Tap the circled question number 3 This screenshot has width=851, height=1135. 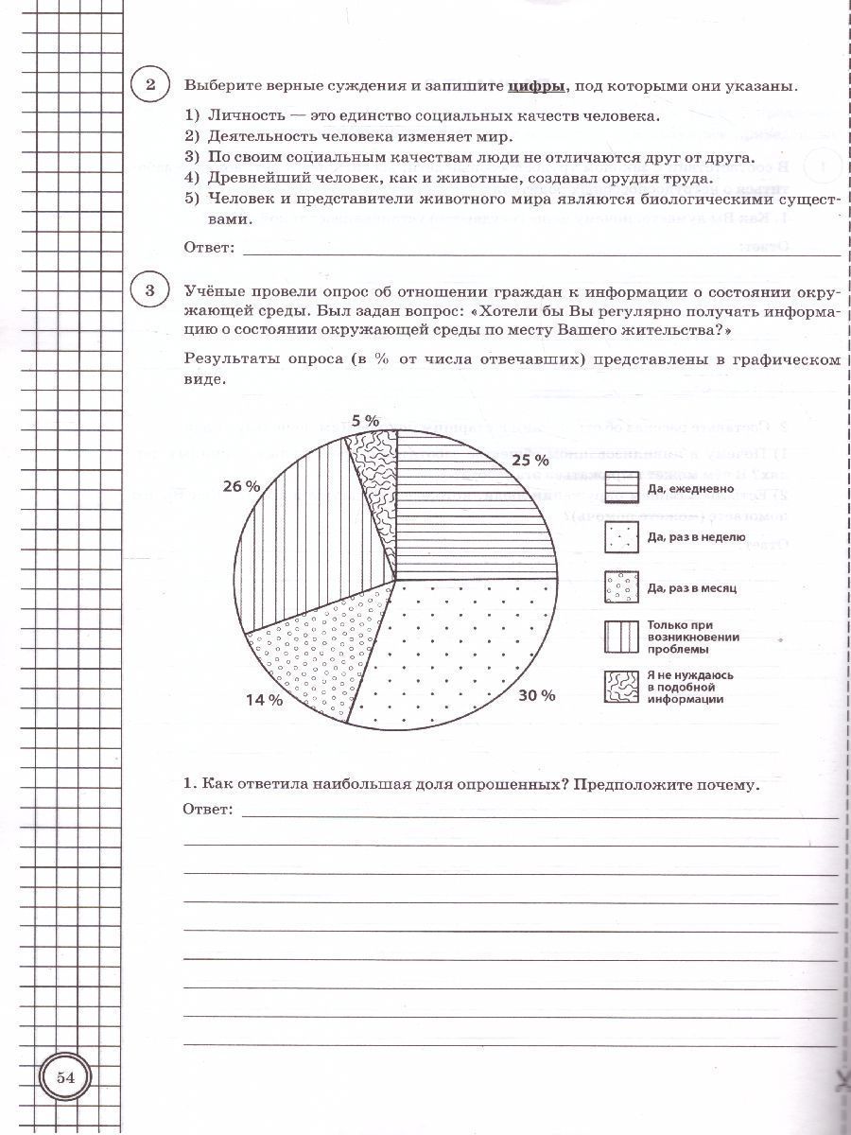click(x=149, y=289)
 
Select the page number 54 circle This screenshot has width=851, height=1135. click(x=65, y=1077)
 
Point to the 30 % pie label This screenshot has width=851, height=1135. click(x=535, y=695)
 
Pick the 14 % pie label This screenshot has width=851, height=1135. click(x=264, y=700)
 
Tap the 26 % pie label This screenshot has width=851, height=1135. click(x=241, y=486)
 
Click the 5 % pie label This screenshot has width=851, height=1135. click(x=364, y=420)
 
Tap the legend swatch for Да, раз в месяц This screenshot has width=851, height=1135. click(x=620, y=586)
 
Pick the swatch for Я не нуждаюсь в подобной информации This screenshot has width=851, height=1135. click(x=620, y=687)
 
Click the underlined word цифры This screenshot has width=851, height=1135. click(x=536, y=86)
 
